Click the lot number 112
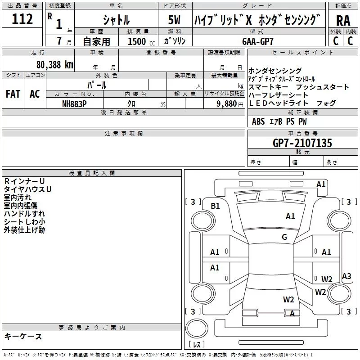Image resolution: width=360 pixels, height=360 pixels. [x=22, y=19]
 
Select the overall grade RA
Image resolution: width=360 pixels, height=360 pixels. [x=343, y=21]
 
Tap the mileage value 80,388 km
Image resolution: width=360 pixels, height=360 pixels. [x=54, y=65]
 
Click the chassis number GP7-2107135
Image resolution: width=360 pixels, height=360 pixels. [x=302, y=143]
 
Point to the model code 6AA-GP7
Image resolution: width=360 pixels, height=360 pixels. [x=258, y=41]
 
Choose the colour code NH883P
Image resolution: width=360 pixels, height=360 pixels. [x=74, y=104]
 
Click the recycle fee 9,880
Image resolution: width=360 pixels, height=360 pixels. [x=227, y=104]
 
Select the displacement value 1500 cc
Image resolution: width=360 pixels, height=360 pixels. [x=141, y=41]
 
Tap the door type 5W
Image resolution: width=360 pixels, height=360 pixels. [x=174, y=20]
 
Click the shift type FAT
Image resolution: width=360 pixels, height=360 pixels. [x=13, y=94]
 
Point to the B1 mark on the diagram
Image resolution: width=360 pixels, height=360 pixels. [x=215, y=206]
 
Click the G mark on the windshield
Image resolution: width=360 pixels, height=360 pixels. [x=284, y=237]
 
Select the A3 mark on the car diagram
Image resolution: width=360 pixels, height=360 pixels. [x=346, y=276]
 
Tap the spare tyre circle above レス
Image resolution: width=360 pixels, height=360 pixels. [x=197, y=328]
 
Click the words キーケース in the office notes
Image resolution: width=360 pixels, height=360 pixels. [x=23, y=336]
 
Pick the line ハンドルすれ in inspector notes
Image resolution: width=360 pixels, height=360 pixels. [x=24, y=213]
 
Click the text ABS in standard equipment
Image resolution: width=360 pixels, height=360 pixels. [x=258, y=121]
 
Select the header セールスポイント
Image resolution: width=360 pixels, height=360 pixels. [x=302, y=53]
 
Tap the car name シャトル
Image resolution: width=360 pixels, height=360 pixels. [x=116, y=20]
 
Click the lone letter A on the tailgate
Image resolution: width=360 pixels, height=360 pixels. [x=292, y=313]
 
